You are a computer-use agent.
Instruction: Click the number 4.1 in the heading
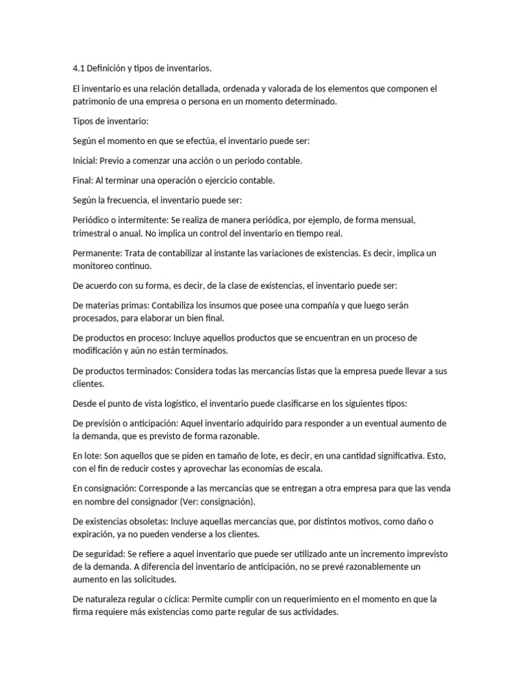(x=78, y=68)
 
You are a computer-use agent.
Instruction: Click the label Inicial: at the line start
(x=85, y=160)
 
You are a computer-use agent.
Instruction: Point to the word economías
(x=272, y=469)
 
